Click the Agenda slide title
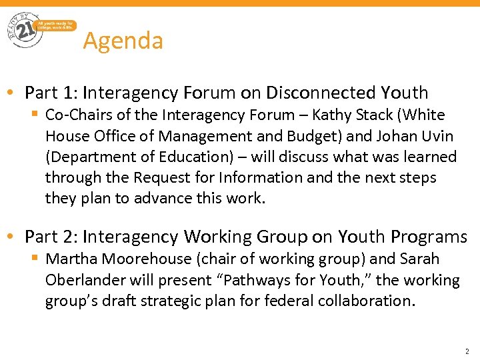tap(123, 41)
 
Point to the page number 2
tap(467, 351)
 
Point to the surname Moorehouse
tap(143, 259)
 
